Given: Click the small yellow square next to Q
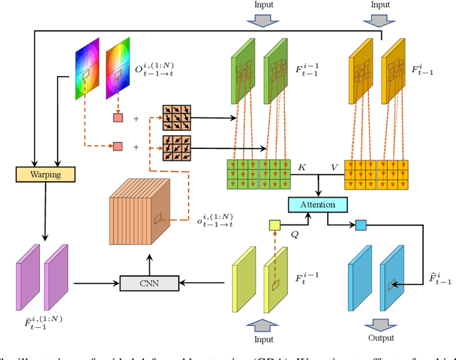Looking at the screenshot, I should point(275,226).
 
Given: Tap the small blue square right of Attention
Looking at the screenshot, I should point(361,225).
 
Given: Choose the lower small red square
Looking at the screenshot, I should point(117,147).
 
